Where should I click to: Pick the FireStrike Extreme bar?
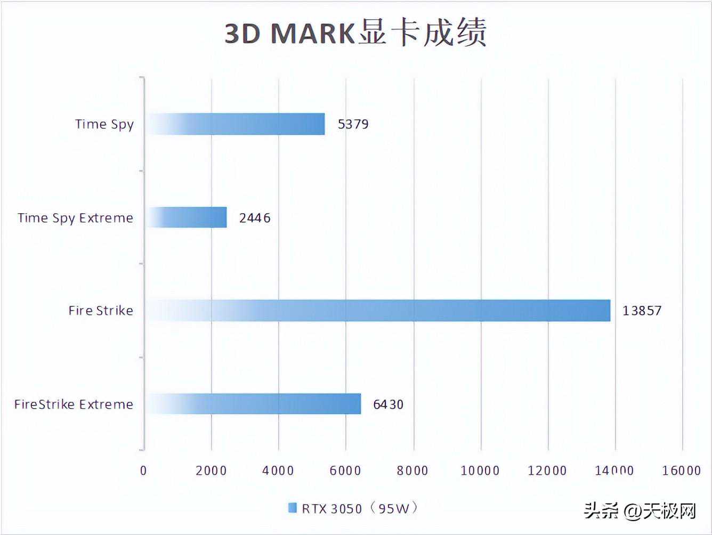pos(254,404)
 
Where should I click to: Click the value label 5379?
pos(353,125)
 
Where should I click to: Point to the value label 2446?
pos(255,218)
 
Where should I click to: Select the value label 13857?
pos(642,311)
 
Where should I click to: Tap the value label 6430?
pos(389,404)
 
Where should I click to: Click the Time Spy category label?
pos(104,125)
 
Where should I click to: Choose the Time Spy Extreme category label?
pos(75,218)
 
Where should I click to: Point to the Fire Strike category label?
pos(101,311)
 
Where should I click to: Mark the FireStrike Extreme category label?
pos(74,404)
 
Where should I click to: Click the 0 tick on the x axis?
pos(143,471)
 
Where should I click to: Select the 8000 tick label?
pos(413,471)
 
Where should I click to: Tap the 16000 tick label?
pos(682,471)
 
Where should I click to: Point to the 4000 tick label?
pos(279,471)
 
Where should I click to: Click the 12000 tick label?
pos(547,471)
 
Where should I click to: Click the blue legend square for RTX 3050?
pos(292,508)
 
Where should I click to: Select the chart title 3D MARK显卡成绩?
pos(355,33)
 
